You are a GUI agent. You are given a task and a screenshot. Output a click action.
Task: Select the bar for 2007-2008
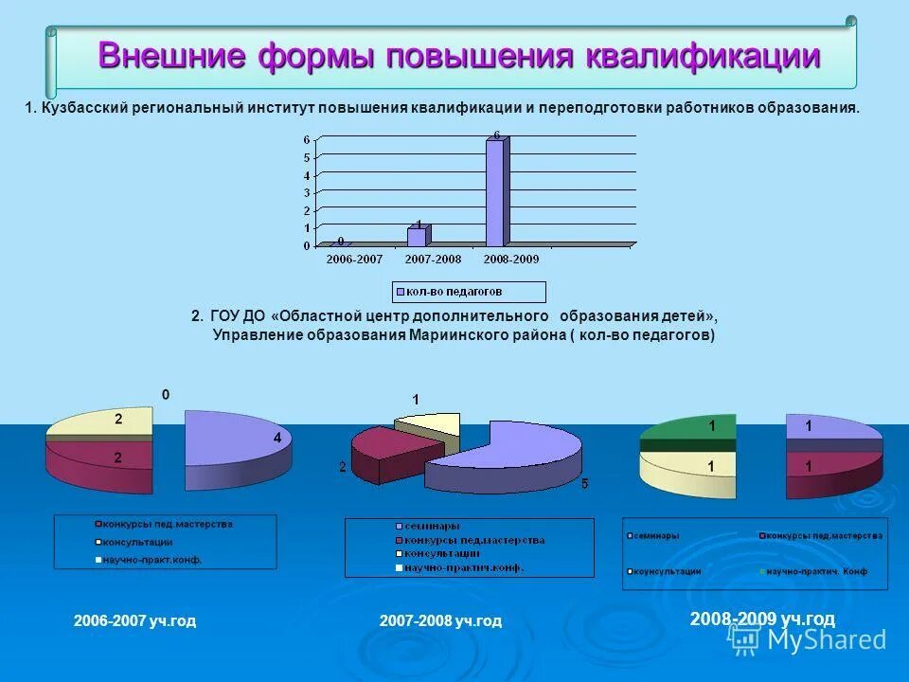tap(418, 236)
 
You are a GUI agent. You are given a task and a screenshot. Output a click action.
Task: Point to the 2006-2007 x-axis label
tap(354, 259)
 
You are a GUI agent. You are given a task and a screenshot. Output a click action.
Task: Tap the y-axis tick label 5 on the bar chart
tap(306, 157)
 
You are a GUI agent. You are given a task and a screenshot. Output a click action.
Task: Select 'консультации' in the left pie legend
tap(136, 542)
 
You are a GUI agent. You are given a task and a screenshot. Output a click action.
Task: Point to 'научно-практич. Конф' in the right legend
tap(815, 571)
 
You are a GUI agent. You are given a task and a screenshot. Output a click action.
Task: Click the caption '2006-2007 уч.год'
tap(134, 621)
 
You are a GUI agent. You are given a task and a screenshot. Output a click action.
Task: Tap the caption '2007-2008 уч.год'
tap(440, 621)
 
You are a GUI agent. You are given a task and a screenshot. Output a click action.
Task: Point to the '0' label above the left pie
tap(166, 394)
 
